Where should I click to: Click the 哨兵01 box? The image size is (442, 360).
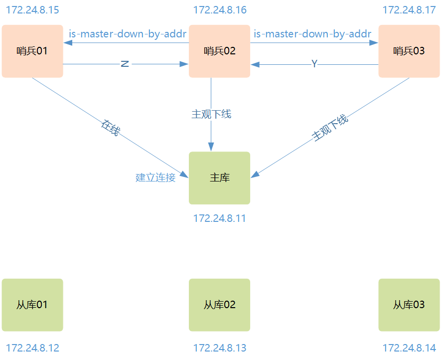(x=32, y=51)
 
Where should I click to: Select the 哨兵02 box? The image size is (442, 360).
(x=219, y=51)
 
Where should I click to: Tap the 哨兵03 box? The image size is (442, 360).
(x=409, y=51)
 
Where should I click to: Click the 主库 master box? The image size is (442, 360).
(x=219, y=178)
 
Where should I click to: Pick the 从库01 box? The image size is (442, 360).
(x=32, y=305)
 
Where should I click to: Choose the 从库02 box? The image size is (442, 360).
(x=219, y=305)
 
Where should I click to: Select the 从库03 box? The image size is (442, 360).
(x=409, y=305)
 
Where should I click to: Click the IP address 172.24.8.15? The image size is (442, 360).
(x=32, y=10)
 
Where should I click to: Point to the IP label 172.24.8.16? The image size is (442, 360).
(x=220, y=10)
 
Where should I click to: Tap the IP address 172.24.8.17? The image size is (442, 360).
(x=409, y=10)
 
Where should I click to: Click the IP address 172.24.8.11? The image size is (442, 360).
(x=220, y=218)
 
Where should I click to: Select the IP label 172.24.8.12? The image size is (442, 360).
(x=32, y=348)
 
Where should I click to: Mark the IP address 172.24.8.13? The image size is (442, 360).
(x=220, y=348)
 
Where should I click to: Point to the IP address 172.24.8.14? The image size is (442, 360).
(x=409, y=348)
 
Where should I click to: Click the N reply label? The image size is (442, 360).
(x=125, y=64)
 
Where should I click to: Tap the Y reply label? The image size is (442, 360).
(x=314, y=64)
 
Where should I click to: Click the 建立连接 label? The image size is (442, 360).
(x=155, y=178)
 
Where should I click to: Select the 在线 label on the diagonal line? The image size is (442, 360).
(x=111, y=128)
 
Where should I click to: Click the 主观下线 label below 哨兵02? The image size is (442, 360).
(x=211, y=114)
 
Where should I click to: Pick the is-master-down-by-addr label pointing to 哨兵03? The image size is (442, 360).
(x=312, y=34)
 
